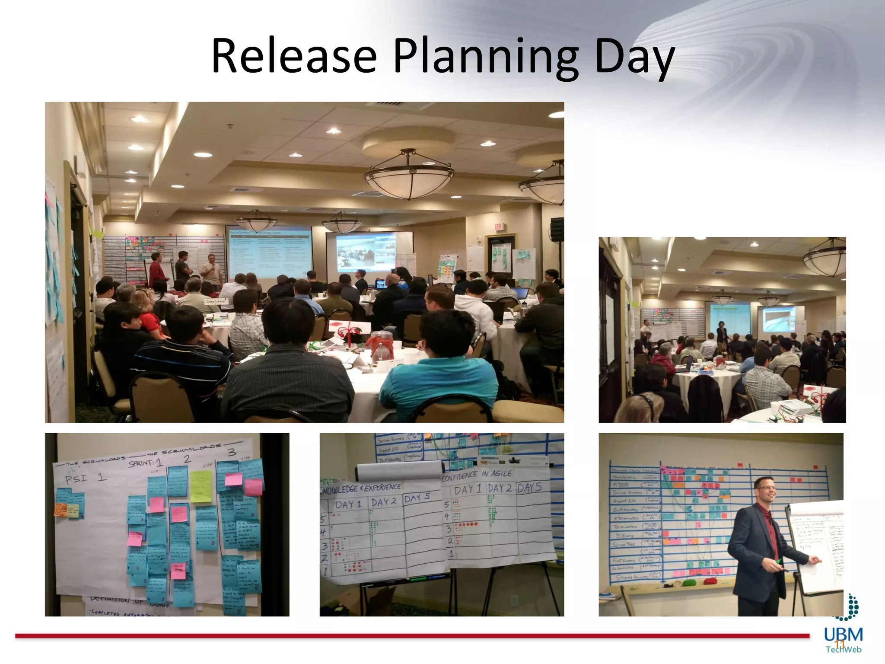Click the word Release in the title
[294, 56]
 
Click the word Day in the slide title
[634, 58]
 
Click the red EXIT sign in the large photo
[499, 227]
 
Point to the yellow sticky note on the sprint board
[201, 487]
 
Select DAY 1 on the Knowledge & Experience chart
[348, 504]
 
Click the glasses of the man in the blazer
[767, 488]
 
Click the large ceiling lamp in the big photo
[409, 175]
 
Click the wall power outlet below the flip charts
[514, 600]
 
